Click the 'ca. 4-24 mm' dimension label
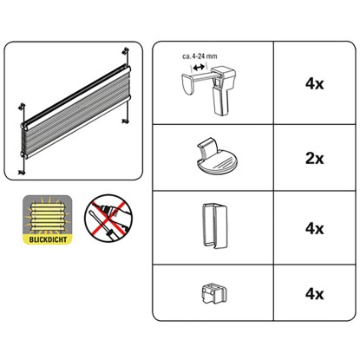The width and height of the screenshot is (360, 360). point(200,56)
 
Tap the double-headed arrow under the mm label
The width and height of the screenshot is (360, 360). point(199,68)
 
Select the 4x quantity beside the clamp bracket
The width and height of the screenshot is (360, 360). point(314,84)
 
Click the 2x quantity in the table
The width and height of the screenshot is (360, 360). point(314,159)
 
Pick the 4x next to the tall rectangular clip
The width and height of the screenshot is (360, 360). point(314,228)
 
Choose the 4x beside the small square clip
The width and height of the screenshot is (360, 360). point(314,294)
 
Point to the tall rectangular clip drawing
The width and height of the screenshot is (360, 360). point(214,225)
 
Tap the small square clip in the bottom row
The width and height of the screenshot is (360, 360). point(213,293)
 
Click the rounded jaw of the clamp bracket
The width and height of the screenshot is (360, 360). point(189,84)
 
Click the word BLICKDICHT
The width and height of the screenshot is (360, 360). point(48,239)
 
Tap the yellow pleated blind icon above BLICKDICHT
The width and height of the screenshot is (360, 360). point(47,215)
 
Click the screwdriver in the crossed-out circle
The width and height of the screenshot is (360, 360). point(101,226)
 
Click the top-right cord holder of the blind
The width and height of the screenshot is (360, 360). point(126,51)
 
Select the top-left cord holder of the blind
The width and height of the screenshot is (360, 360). point(22,106)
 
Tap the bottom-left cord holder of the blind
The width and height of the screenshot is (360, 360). point(22,173)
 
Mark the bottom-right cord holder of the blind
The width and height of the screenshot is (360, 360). point(125,121)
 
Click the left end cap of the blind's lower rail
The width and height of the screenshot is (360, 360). point(23,154)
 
